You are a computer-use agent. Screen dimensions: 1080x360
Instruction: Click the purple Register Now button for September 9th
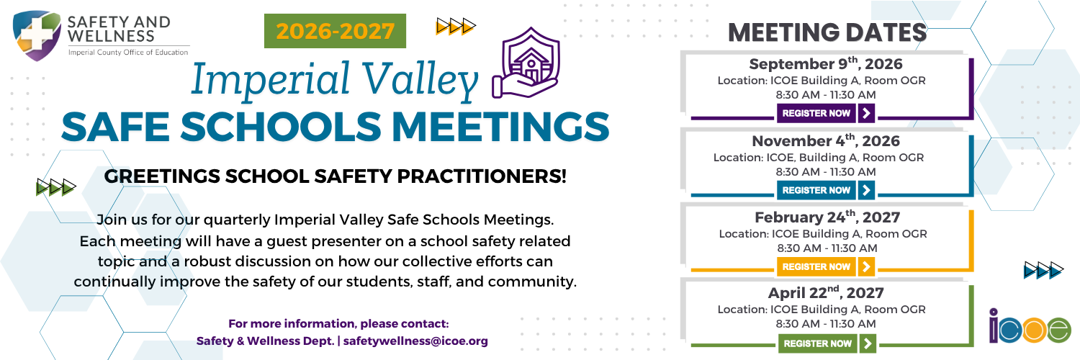pos(825,113)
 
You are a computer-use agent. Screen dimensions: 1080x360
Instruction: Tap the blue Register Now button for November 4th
pos(825,190)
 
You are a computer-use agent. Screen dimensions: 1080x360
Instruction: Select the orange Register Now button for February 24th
pos(825,266)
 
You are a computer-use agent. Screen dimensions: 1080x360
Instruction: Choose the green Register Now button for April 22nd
pos(827,343)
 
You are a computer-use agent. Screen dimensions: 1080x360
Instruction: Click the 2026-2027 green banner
pos(335,32)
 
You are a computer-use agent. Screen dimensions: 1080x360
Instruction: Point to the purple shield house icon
pos(526,63)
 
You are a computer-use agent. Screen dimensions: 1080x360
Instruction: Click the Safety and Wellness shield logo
pos(37,36)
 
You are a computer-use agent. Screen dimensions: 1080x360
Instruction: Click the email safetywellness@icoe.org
pos(415,341)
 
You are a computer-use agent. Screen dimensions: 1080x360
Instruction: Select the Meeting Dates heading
pos(827,33)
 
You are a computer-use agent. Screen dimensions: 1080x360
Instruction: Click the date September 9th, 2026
pos(825,63)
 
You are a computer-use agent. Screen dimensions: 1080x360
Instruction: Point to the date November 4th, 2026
pos(825,140)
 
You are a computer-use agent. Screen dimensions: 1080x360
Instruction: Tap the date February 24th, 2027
pos(827,217)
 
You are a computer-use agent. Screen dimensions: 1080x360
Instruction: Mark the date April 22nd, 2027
pos(825,292)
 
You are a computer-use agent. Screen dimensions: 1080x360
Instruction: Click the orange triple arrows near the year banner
pos(456,26)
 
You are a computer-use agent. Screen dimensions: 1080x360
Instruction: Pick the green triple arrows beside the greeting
pos(56,187)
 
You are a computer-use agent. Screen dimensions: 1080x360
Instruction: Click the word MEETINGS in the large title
pos(500,127)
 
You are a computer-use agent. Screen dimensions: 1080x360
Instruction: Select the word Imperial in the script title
pos(270,79)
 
